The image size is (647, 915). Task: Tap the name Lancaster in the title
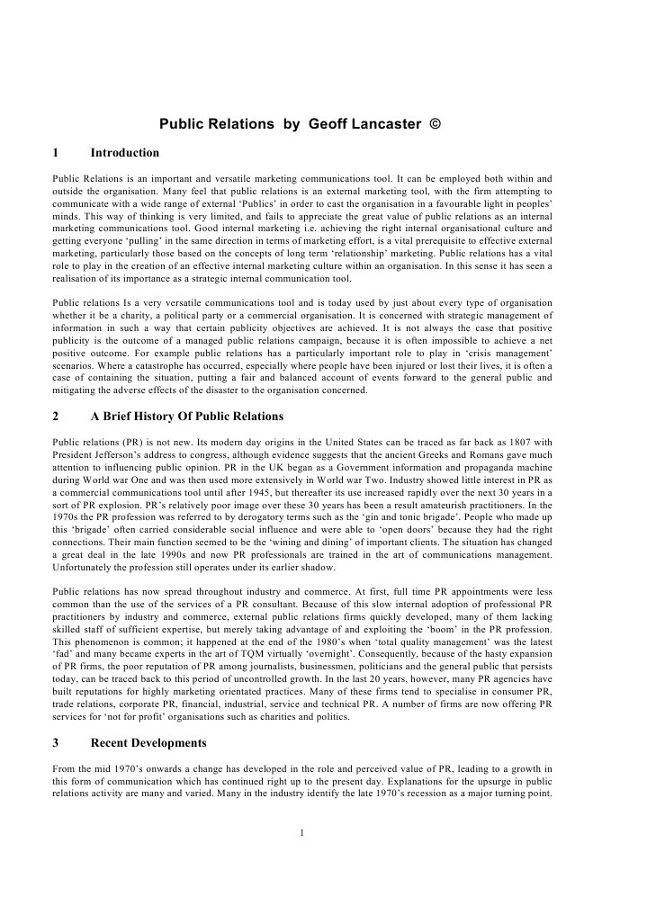[386, 123]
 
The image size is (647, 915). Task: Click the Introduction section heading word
[125, 153]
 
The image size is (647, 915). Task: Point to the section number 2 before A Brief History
[56, 417]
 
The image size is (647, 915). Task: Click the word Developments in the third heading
[164, 743]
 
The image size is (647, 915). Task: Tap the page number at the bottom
[303, 831]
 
